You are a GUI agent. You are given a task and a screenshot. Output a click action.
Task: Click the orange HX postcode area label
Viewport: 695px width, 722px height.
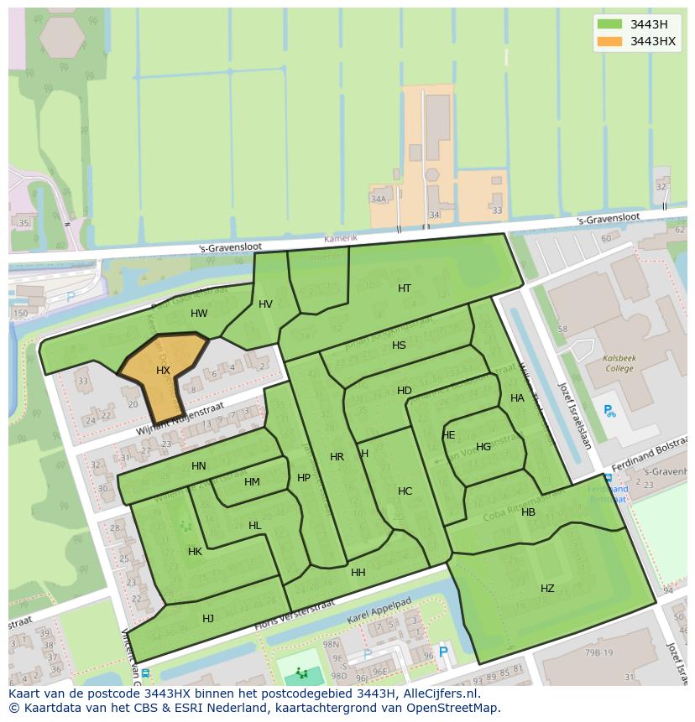[163, 370]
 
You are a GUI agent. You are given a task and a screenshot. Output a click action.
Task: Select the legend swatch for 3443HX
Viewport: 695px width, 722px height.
[610, 41]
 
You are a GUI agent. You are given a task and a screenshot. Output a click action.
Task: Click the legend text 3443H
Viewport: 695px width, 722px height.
[649, 24]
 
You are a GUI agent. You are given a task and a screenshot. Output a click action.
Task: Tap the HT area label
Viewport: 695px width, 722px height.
[405, 288]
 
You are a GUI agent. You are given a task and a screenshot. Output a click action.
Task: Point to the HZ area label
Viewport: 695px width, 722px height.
[547, 589]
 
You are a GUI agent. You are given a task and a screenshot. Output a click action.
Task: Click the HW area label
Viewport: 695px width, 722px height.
[199, 314]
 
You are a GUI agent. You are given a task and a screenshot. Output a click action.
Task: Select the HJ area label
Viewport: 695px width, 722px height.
[208, 619]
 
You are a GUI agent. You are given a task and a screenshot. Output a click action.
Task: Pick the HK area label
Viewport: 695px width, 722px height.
[195, 552]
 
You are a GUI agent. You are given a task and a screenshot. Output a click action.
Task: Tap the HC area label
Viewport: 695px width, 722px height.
[405, 491]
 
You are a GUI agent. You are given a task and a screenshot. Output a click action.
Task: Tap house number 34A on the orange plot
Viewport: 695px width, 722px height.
[379, 199]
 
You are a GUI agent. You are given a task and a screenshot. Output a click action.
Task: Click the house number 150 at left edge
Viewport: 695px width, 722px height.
[19, 314]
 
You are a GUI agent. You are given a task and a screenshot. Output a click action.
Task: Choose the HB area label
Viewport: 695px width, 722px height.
[528, 512]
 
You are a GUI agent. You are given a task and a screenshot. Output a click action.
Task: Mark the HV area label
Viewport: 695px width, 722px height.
[265, 304]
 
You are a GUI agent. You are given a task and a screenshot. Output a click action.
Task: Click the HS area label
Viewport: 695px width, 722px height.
[399, 345]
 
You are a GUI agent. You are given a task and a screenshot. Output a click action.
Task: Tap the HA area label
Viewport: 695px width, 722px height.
[517, 398]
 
